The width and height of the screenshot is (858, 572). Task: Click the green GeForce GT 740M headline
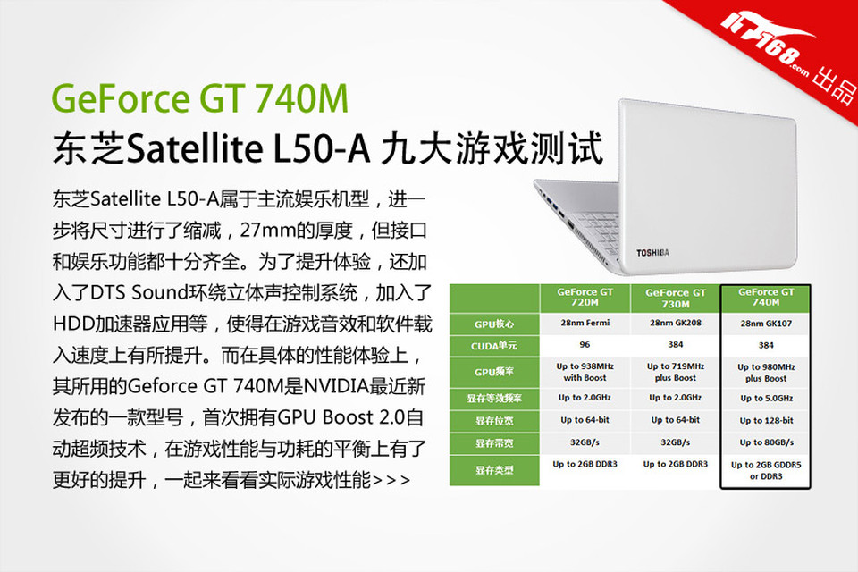pyautogui.click(x=199, y=98)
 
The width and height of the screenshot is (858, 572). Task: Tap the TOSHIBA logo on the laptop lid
pyautogui.click(x=652, y=253)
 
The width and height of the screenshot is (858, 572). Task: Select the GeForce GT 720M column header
pyautogui.click(x=585, y=298)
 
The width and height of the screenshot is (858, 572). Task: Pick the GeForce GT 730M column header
pyautogui.click(x=676, y=298)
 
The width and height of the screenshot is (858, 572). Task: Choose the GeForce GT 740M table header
pyautogui.click(x=766, y=298)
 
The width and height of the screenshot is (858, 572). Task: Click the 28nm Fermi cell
pyautogui.click(x=585, y=323)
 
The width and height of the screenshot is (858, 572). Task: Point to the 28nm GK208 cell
pyautogui.click(x=676, y=323)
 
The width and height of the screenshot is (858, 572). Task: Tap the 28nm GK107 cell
pyautogui.click(x=766, y=324)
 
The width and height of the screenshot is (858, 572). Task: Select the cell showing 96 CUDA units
pyautogui.click(x=585, y=344)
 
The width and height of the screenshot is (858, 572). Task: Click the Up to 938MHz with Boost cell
pyautogui.click(x=585, y=372)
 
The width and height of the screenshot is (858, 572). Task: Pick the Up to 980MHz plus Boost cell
pyautogui.click(x=766, y=373)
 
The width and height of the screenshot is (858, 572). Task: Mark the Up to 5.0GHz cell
pyautogui.click(x=766, y=399)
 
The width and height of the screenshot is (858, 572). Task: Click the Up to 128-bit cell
pyautogui.click(x=766, y=420)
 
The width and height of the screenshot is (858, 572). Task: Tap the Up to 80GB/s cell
pyautogui.click(x=766, y=442)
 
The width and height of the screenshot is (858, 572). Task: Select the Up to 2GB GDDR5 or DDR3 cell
pyautogui.click(x=766, y=471)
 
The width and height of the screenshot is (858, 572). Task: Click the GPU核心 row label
pyautogui.click(x=494, y=324)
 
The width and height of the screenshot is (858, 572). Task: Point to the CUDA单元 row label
pyautogui.click(x=494, y=346)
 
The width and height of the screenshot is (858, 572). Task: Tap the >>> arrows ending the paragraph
pyautogui.click(x=391, y=481)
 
